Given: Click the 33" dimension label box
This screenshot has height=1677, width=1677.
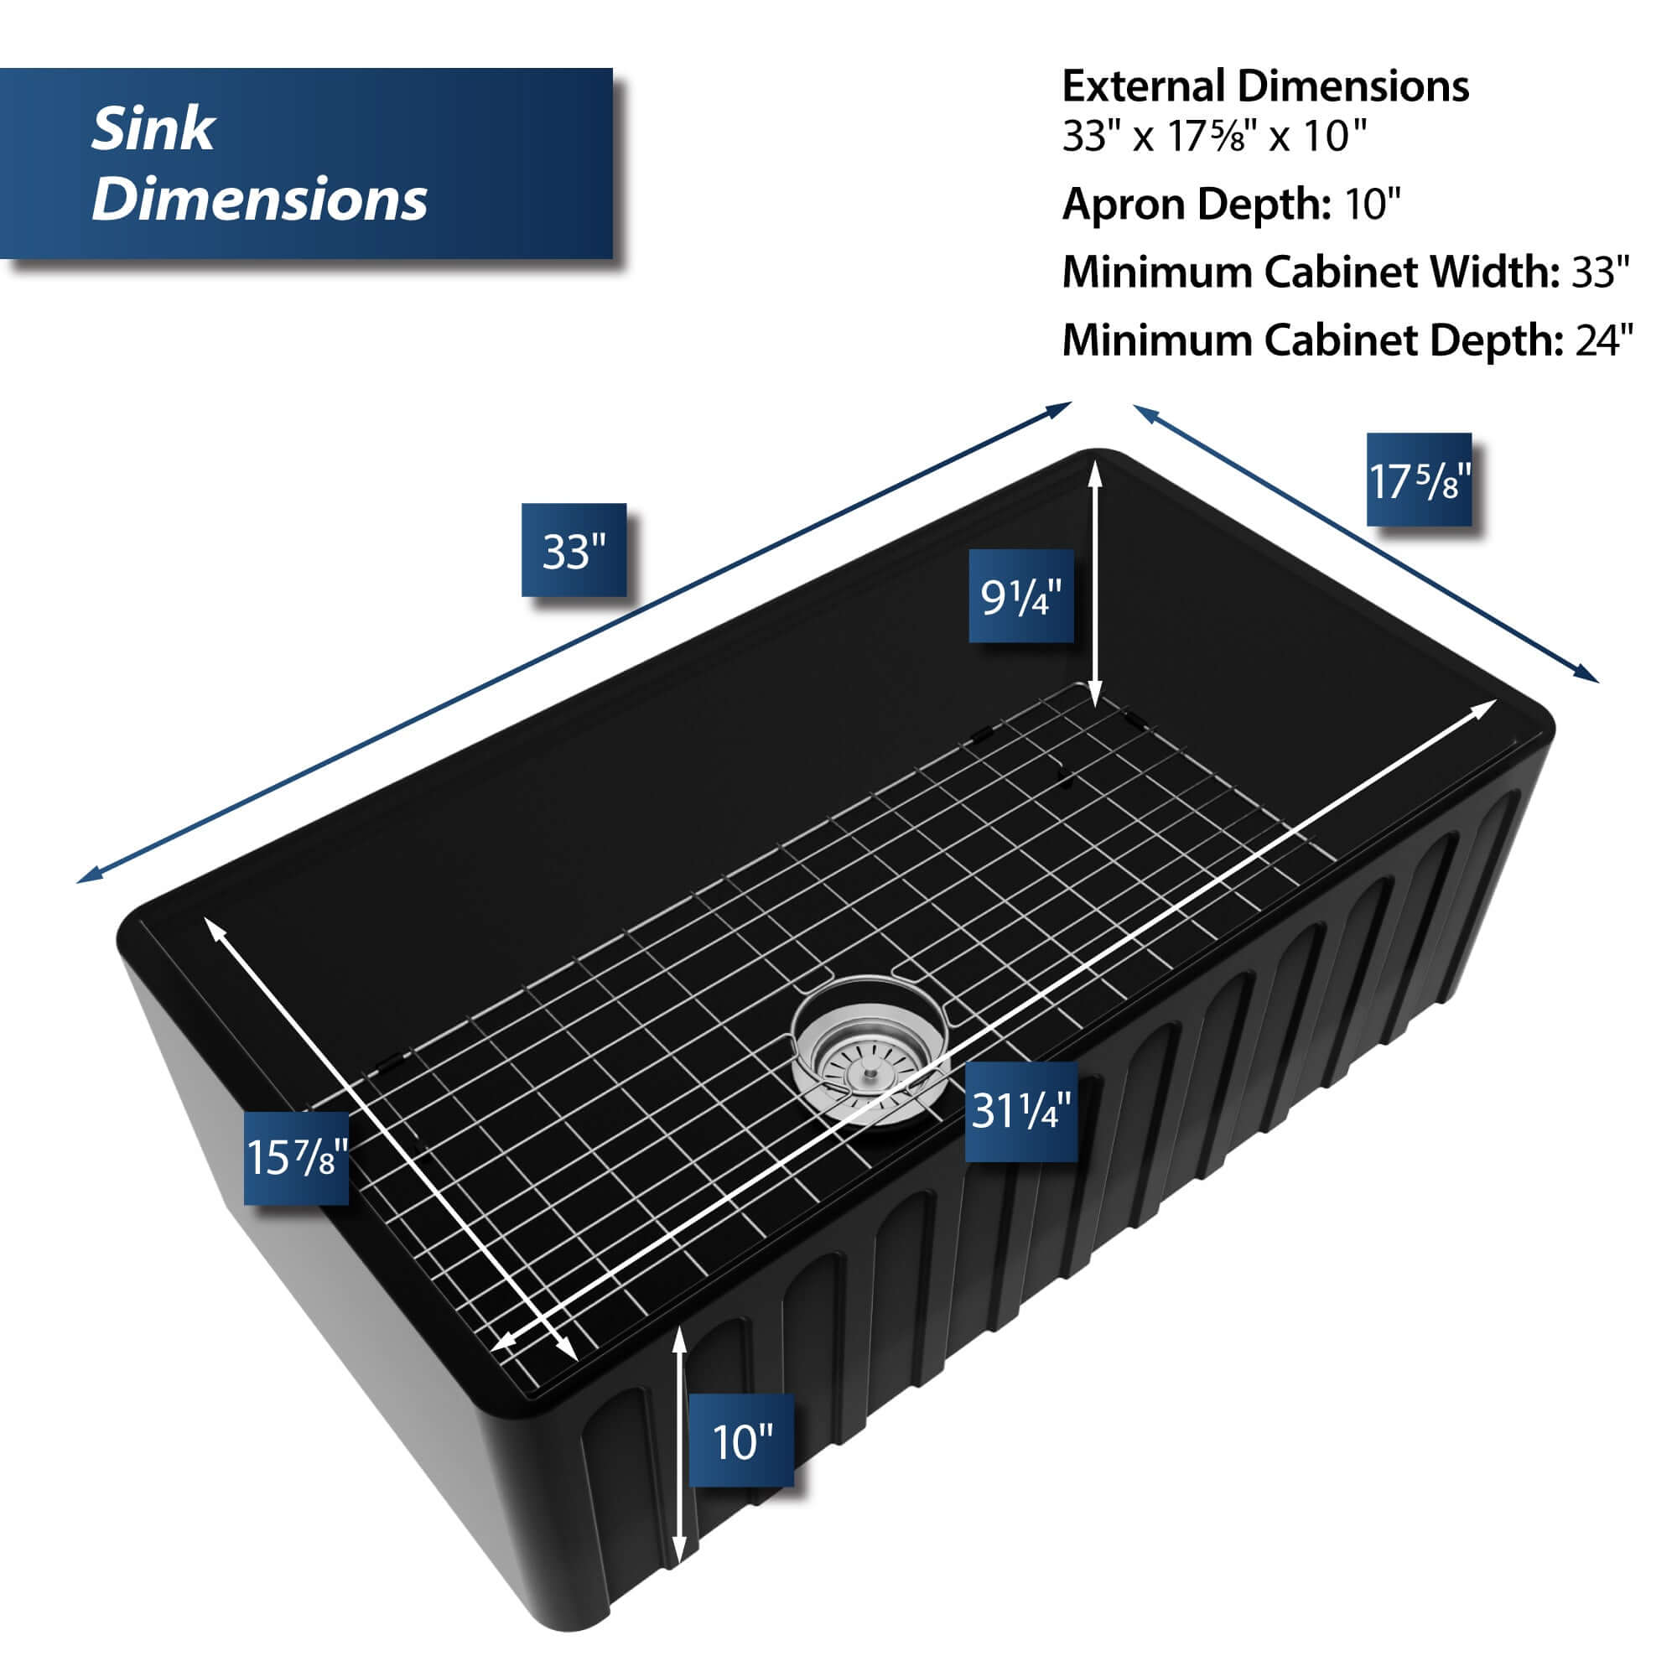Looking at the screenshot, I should coord(573,549).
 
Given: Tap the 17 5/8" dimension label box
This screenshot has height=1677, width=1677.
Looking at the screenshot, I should coord(1419,479).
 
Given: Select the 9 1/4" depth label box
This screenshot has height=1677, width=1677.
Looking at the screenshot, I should coord(1020,595).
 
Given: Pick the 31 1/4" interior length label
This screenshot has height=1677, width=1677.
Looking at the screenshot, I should coord(1020,1111).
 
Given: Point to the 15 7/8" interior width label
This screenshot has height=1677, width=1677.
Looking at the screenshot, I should coord(296,1157).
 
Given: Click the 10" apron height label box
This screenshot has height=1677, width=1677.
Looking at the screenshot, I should coord(740,1441).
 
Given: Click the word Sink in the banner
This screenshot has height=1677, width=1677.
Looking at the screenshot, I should coord(153,129).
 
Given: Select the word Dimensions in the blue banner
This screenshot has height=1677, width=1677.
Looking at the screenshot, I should coord(258,199).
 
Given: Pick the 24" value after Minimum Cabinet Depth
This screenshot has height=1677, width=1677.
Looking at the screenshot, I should coord(1604,340).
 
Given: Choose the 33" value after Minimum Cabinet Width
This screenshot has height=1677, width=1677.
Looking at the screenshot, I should coord(1601,272).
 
